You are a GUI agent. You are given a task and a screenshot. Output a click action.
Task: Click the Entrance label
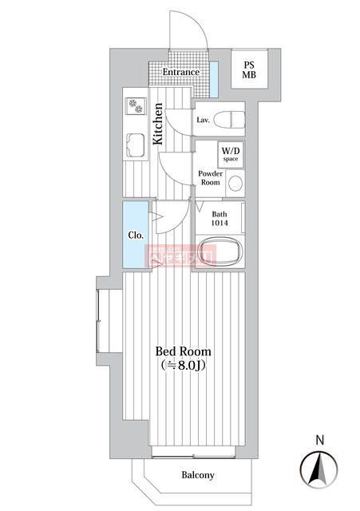[180, 73]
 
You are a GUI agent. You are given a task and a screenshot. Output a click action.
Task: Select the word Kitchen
[158, 124]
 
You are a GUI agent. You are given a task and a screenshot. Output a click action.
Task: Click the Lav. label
[203, 121]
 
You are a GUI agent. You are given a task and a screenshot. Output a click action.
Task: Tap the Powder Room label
[209, 177]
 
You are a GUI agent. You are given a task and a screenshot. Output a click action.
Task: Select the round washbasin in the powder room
[235, 183]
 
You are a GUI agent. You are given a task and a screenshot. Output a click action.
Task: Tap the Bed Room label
[183, 351]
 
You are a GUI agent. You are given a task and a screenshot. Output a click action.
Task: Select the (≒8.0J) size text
[184, 366]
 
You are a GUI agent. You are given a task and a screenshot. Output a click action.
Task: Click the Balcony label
[197, 476]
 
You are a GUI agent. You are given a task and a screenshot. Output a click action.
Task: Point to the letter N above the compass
[319, 439]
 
